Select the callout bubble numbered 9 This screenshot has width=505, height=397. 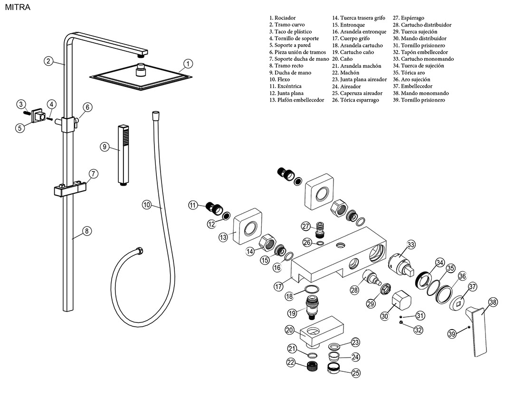(x=105, y=146)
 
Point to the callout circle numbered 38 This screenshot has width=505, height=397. (x=493, y=302)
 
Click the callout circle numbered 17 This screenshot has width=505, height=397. (x=278, y=286)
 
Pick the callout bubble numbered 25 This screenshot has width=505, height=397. (x=356, y=373)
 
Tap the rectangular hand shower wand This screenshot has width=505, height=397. (x=124, y=154)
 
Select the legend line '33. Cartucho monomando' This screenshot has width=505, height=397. (x=423, y=59)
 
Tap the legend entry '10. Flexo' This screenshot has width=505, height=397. (x=279, y=80)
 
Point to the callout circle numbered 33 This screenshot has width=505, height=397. (x=411, y=245)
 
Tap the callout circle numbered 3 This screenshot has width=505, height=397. (x=20, y=104)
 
